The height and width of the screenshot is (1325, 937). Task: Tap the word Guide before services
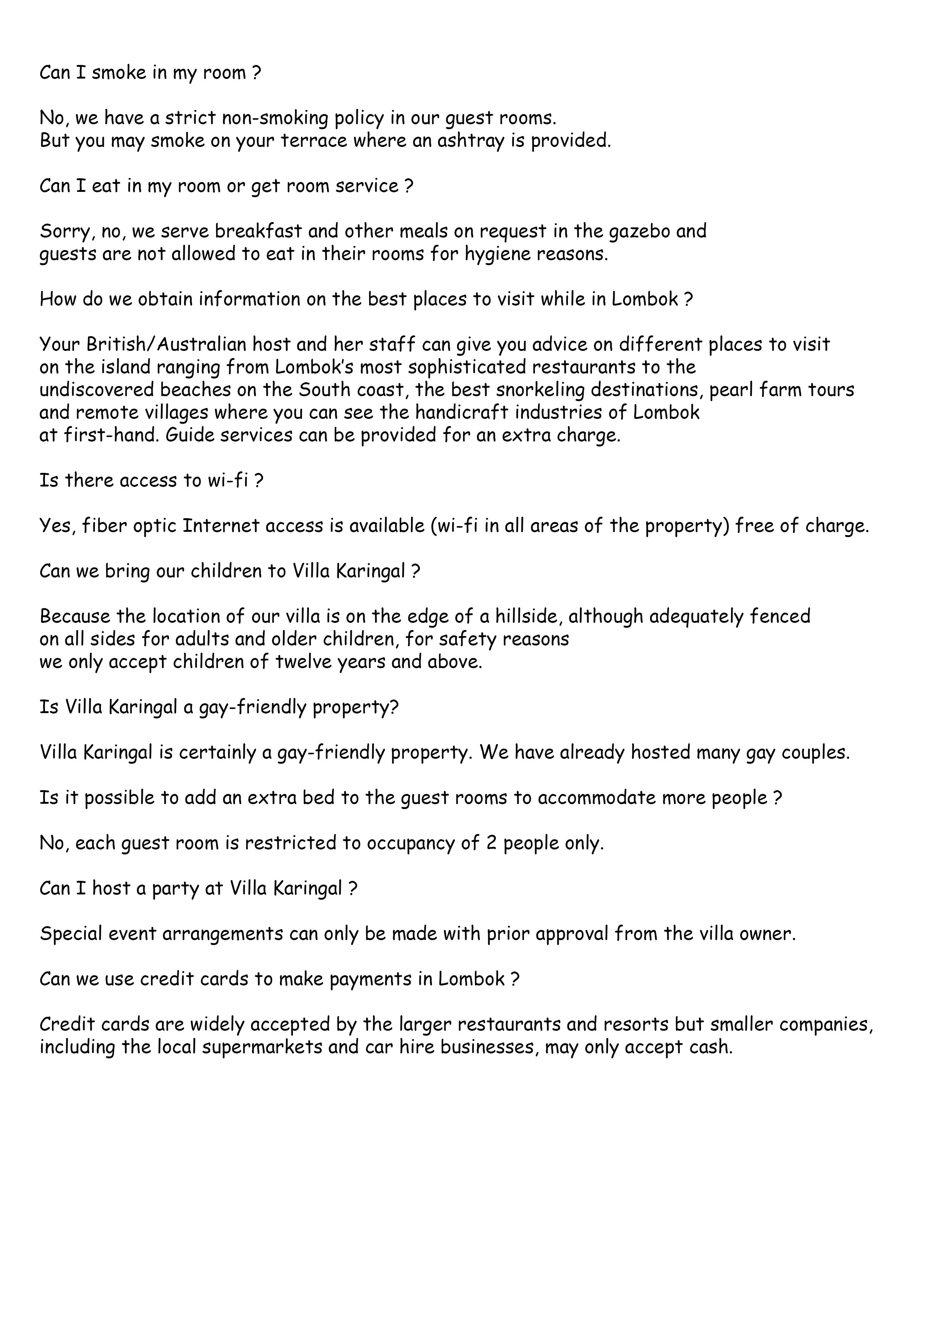click(x=184, y=435)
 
